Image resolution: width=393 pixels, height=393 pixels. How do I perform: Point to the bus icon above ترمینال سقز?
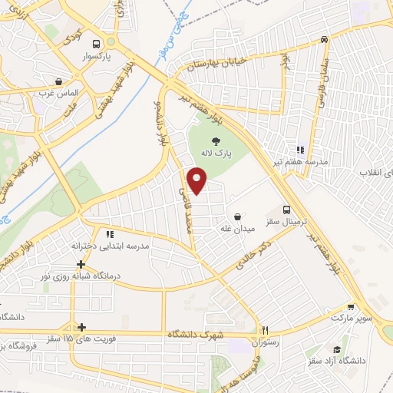(287, 209)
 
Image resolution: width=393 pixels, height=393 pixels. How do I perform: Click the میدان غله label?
(237, 229)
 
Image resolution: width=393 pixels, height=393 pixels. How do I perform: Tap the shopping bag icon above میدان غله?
(237, 216)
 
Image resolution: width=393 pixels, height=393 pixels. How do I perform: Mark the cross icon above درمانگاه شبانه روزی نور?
(81, 264)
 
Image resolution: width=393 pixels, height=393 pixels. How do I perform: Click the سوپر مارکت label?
(351, 317)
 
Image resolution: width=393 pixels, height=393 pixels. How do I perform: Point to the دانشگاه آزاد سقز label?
(338, 360)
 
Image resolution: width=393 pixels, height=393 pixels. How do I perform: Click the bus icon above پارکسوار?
(95, 44)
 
